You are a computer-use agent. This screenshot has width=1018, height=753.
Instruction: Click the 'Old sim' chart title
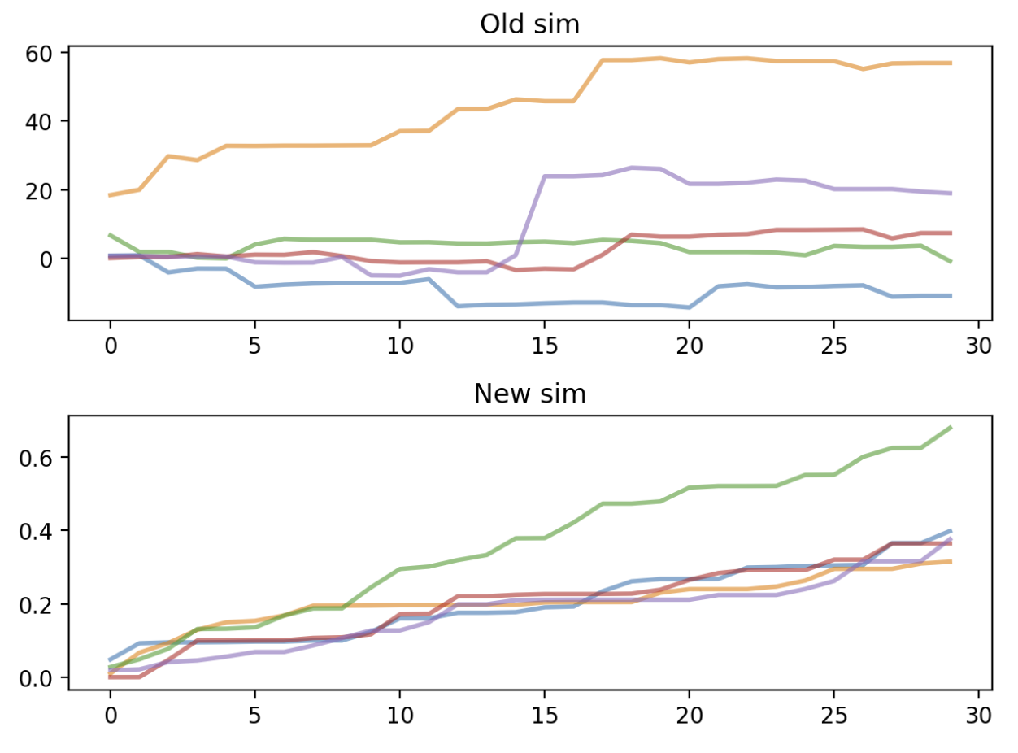click(x=529, y=24)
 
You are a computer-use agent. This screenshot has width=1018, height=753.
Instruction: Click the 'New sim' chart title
click(x=529, y=394)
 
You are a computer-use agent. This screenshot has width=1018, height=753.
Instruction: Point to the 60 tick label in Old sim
click(x=38, y=54)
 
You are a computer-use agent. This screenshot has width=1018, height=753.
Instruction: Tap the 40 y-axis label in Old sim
click(x=38, y=122)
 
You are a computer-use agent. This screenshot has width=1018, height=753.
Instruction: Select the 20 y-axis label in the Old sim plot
click(x=38, y=191)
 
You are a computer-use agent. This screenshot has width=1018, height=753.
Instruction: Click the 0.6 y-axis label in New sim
click(x=36, y=459)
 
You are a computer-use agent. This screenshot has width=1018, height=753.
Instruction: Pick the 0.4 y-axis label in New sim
click(x=36, y=532)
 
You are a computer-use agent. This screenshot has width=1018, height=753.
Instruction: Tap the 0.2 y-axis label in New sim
click(x=36, y=605)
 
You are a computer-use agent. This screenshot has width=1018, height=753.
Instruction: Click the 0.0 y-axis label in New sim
click(x=36, y=679)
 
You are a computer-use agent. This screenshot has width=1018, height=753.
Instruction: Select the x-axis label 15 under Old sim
click(x=544, y=346)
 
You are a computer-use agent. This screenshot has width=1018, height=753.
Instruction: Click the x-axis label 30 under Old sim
click(x=978, y=346)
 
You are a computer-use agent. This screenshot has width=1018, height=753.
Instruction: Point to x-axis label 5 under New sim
click(x=254, y=716)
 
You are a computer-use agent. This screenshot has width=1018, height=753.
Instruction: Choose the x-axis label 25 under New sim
click(x=834, y=716)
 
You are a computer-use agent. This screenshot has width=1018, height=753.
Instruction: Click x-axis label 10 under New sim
click(x=400, y=716)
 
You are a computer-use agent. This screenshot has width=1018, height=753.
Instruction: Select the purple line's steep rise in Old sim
click(x=530, y=215)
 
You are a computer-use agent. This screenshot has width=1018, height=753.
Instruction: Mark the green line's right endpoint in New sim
click(x=951, y=428)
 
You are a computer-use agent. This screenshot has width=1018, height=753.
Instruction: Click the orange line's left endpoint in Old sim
click(x=110, y=195)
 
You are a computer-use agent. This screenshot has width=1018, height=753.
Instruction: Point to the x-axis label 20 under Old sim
click(x=689, y=346)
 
